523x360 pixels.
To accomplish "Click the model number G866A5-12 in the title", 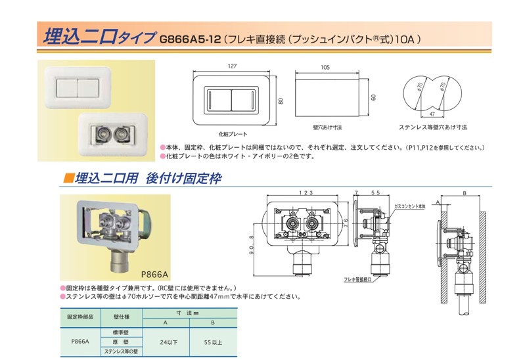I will click(191, 39).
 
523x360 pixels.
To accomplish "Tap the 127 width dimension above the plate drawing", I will click(231, 66).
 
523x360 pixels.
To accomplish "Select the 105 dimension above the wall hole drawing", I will click(325, 66).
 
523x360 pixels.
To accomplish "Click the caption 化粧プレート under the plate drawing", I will click(228, 133).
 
